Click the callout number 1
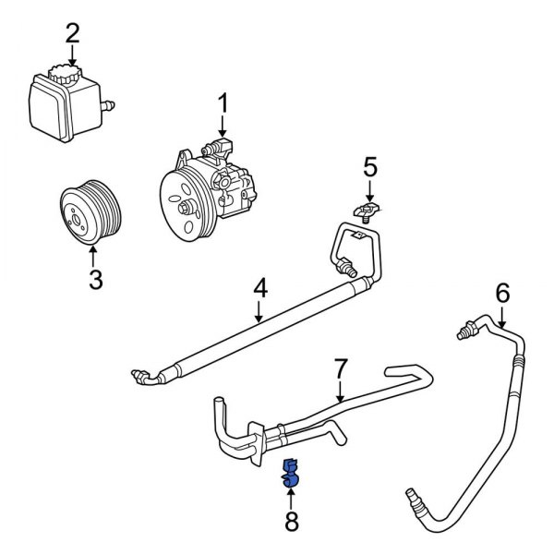pos(223,103)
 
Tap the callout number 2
pos(72,35)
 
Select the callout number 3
pos(94,278)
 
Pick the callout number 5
pos(369,167)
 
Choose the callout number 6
pos(502,294)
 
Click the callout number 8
pos(292,523)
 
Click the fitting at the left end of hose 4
pos(141,374)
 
